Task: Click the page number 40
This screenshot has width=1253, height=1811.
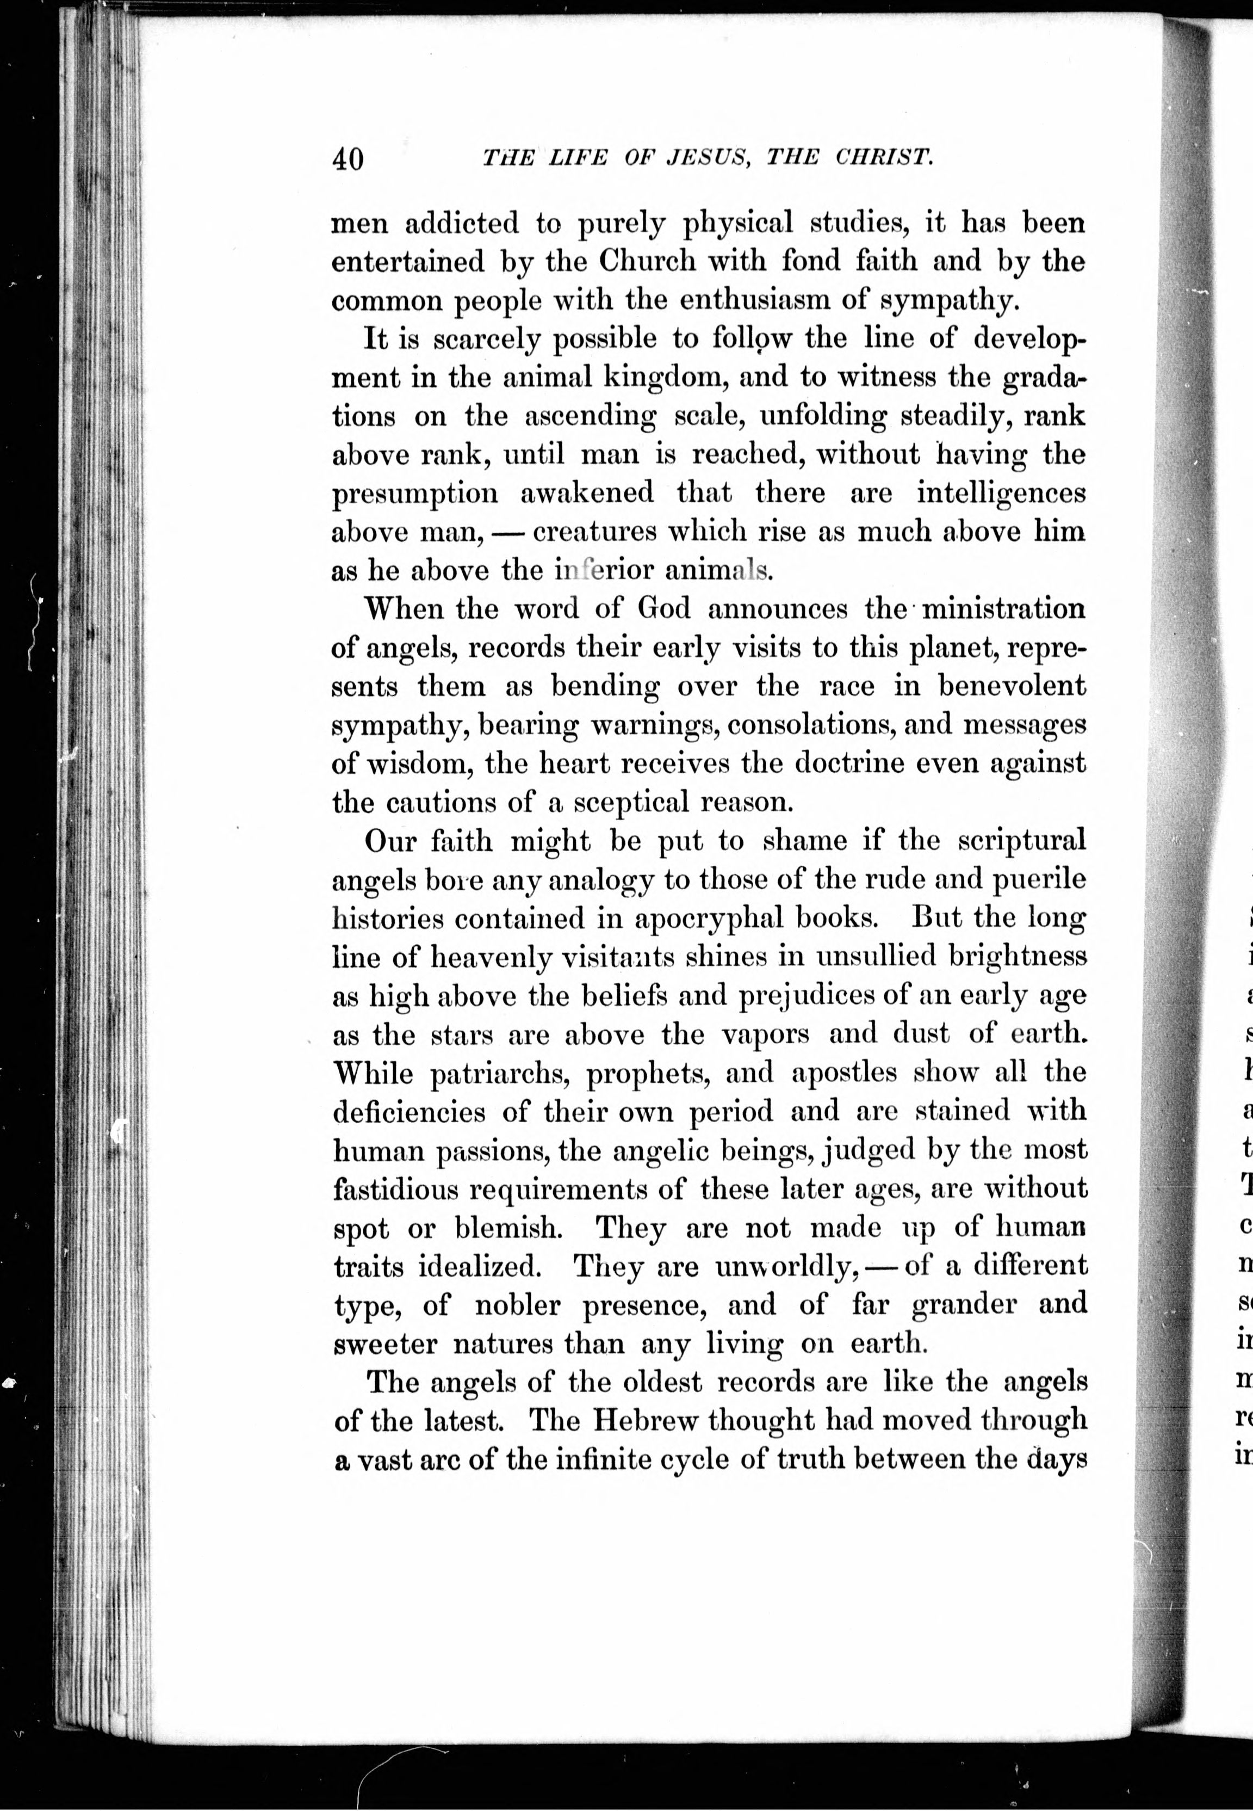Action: [348, 159]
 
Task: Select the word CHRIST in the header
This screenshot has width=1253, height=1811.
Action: [884, 157]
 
